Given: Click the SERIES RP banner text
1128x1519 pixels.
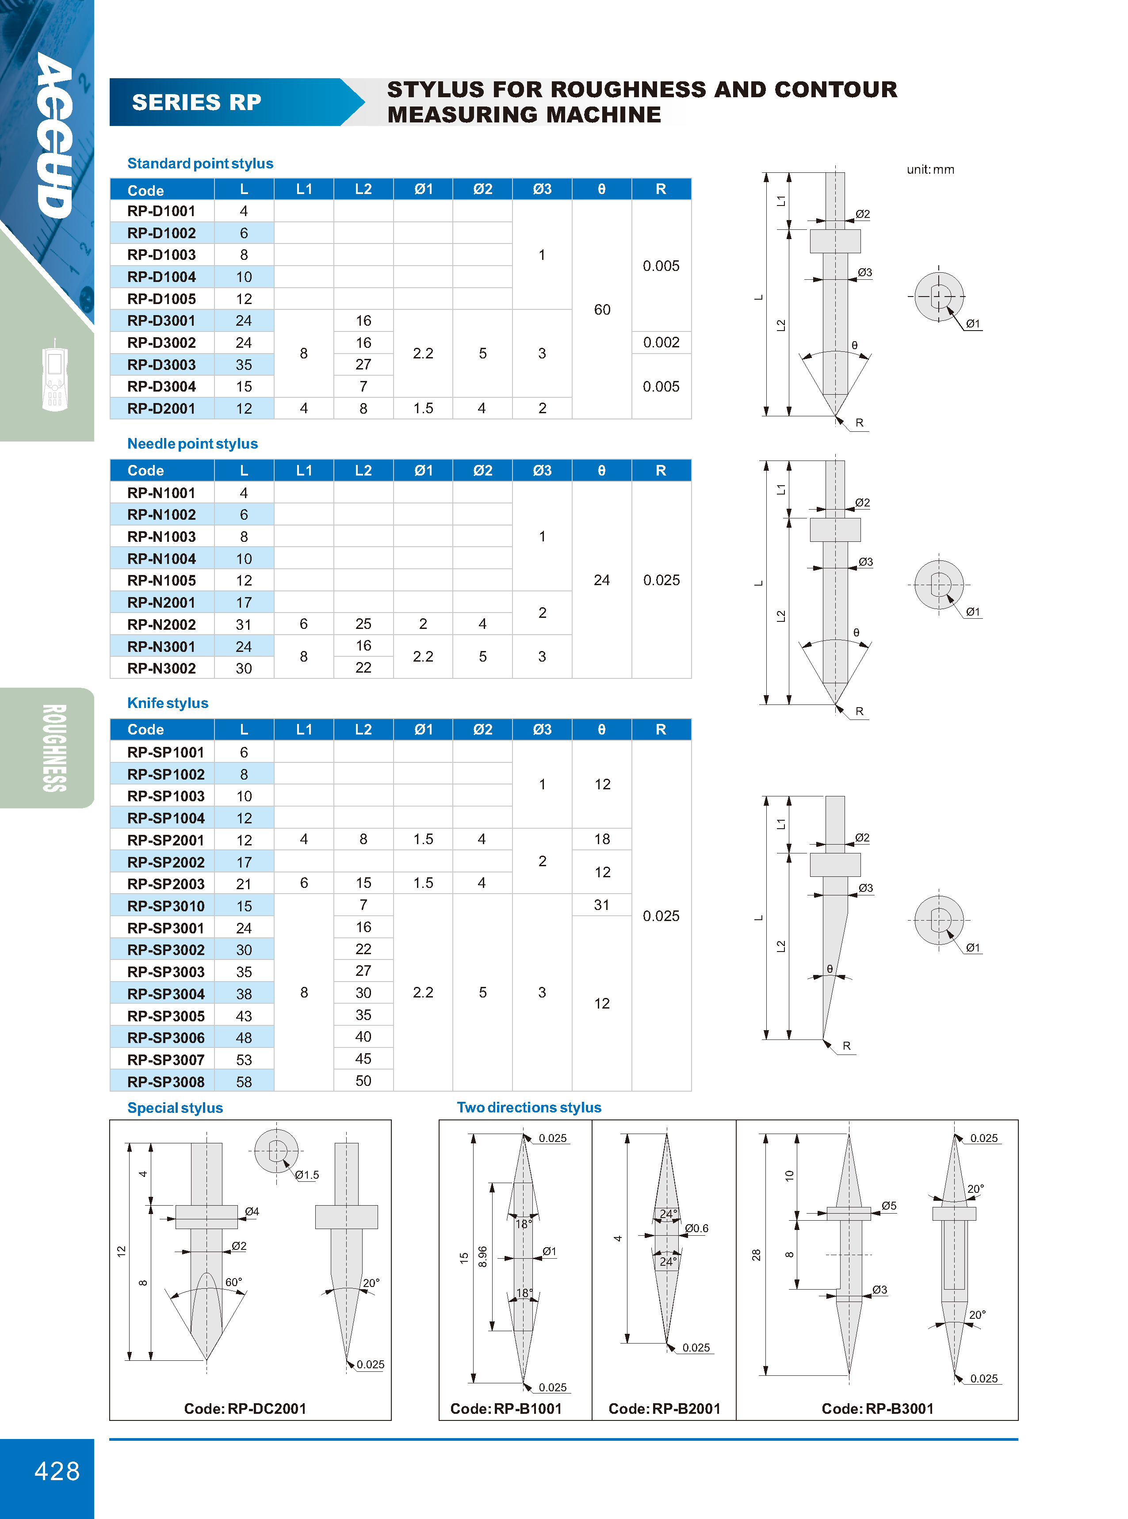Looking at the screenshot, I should tap(197, 103).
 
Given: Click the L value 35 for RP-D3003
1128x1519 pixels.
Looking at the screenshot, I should tap(244, 365).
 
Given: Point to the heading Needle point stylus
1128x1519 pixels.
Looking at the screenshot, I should tap(192, 444).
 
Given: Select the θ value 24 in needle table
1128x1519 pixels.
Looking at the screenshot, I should tap(601, 580).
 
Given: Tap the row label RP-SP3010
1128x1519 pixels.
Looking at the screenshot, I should tap(165, 906).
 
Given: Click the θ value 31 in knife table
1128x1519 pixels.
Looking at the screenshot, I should tap(601, 905).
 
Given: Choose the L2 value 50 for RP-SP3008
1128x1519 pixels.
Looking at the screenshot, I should tap(363, 1081).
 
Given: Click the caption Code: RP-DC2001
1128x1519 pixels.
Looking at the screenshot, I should tap(245, 1409).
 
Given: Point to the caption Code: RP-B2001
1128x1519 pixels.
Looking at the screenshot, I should tap(664, 1409).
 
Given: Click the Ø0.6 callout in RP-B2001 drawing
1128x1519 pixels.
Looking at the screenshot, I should tap(696, 1228).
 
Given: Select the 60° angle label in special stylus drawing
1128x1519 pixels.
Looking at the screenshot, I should tap(233, 1282).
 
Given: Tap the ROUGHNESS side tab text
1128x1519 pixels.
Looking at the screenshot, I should tap(55, 748).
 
